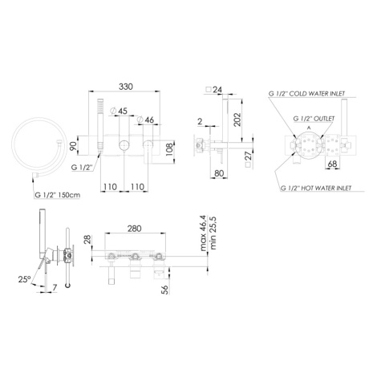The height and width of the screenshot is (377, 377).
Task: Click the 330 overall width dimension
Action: (126, 87)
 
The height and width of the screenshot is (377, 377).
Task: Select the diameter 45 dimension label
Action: (120, 111)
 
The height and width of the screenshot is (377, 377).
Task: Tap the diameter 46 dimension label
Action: (146, 120)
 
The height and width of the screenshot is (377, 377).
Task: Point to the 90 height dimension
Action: (73, 146)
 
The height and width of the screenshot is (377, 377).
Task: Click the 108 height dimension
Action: (169, 150)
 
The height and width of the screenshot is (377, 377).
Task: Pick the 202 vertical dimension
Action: (237, 120)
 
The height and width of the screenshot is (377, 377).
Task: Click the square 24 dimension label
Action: (214, 89)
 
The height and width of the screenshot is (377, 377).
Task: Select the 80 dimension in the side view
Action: (219, 173)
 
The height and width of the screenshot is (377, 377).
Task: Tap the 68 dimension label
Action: (332, 164)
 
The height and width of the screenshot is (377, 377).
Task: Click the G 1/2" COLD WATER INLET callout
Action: (306, 94)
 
